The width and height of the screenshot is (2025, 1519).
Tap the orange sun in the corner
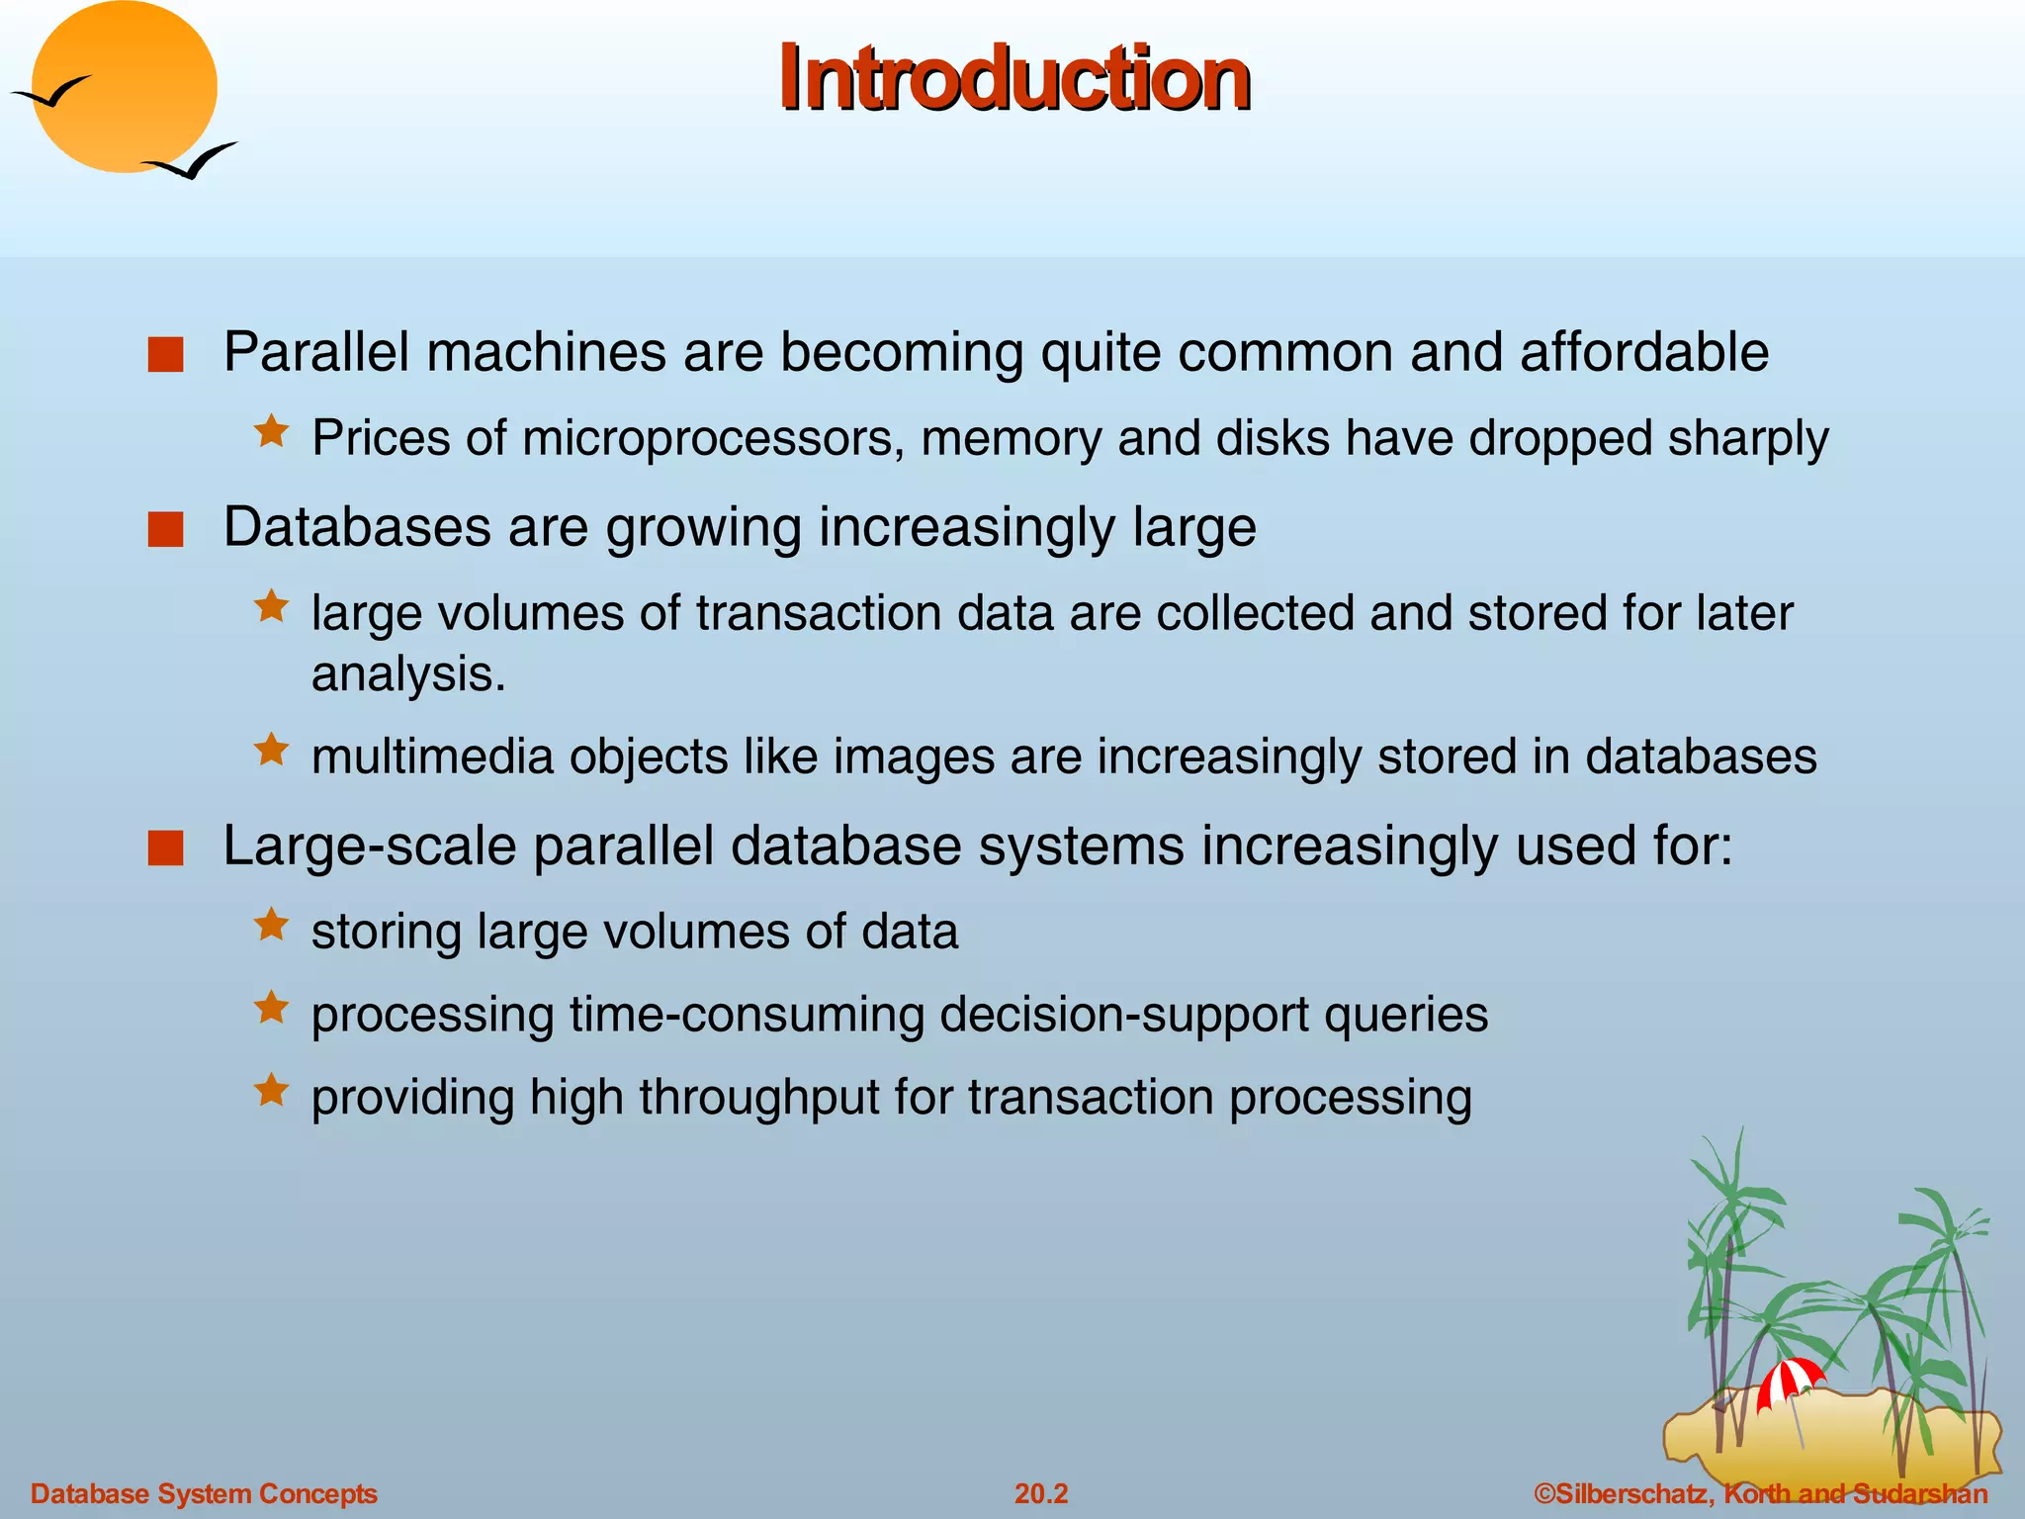[x=125, y=87]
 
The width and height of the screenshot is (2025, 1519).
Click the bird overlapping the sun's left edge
[x=51, y=93]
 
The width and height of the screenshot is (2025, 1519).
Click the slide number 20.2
[x=1041, y=1493]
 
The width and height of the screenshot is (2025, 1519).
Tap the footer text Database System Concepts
[x=204, y=1493]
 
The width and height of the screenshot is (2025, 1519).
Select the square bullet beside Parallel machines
[x=166, y=355]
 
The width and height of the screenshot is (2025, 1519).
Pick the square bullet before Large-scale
[x=166, y=849]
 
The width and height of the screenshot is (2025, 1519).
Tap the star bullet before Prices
[x=271, y=432]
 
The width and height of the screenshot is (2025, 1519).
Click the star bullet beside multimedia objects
[x=271, y=751]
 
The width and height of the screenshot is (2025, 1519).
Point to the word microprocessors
[x=713, y=439]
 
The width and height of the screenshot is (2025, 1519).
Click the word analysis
[x=407, y=674]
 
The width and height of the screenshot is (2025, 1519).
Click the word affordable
[x=1643, y=352]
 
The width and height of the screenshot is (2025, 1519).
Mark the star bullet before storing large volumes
[x=271, y=926]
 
